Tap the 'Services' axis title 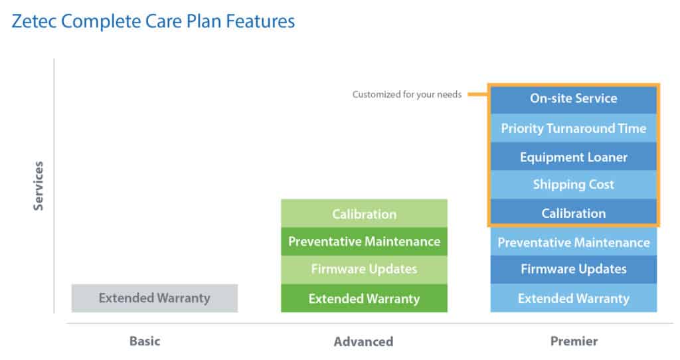39,185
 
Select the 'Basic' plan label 145,341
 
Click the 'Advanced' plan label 363,341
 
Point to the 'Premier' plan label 574,341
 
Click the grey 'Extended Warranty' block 154,298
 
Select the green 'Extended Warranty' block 364,298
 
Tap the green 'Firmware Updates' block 364,270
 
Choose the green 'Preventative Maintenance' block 364,242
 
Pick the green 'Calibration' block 364,213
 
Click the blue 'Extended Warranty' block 573,298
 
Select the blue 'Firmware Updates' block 573,269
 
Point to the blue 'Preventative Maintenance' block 573,242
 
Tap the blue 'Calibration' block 573,213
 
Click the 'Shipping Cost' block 573,185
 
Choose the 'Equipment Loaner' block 573,157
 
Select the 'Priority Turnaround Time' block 573,128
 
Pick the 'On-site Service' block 573,100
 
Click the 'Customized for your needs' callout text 407,94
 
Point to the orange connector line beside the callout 477,94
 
